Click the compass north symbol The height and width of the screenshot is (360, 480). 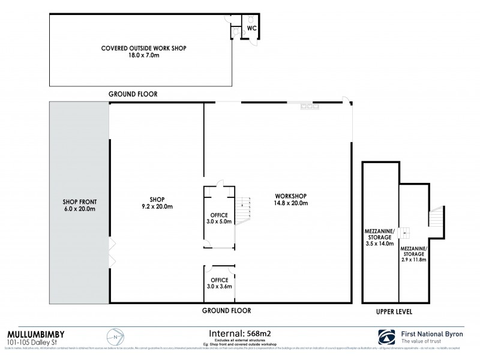point(113,338)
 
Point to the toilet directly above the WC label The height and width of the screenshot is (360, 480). point(253,17)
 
